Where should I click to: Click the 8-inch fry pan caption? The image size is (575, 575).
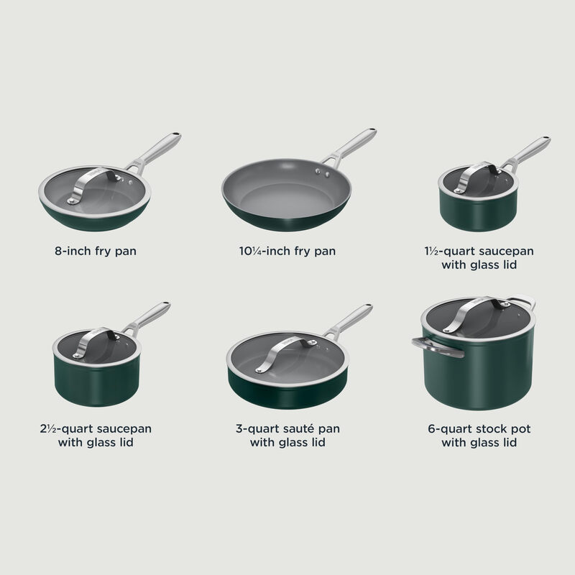[x=96, y=252]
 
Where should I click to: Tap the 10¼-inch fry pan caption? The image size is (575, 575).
[x=287, y=252]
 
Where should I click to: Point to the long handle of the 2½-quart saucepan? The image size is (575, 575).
[x=149, y=317]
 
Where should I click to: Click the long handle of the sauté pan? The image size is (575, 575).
[x=350, y=320]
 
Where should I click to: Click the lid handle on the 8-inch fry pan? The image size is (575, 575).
[x=94, y=182]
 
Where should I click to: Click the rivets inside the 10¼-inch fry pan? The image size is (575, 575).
[x=321, y=172]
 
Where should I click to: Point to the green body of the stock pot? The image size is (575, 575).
[x=478, y=377]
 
